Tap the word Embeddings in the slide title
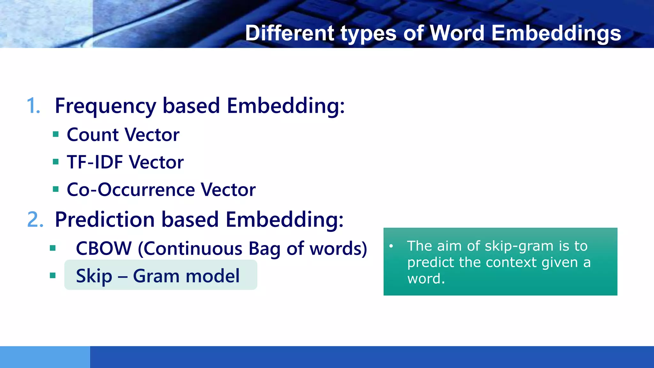pos(556,33)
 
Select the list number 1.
pos(33,105)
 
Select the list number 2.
pos(35,219)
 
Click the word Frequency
pos(106,106)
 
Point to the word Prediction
pos(105,219)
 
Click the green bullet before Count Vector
pos(56,134)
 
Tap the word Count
pos(93,134)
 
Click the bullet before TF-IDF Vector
pos(56,162)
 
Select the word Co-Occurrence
pos(131,189)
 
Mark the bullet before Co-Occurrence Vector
pos(56,189)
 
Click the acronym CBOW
pos(104,248)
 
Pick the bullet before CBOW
pos(53,248)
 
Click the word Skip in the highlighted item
pos(94,276)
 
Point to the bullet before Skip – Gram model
pos(53,275)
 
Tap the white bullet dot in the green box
pos(391,246)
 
